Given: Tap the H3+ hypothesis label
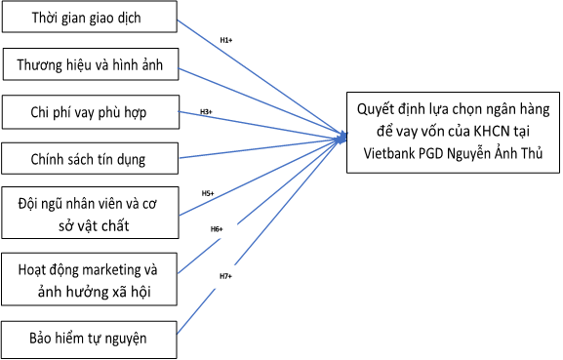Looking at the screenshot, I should click(x=206, y=112).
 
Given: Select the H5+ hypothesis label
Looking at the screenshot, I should click(x=207, y=193).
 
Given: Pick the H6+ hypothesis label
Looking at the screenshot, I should click(x=217, y=229).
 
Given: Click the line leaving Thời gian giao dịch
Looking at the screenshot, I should click(x=263, y=72).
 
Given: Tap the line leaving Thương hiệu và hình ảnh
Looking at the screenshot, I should click(x=263, y=99).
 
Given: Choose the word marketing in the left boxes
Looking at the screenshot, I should click(x=122, y=269).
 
